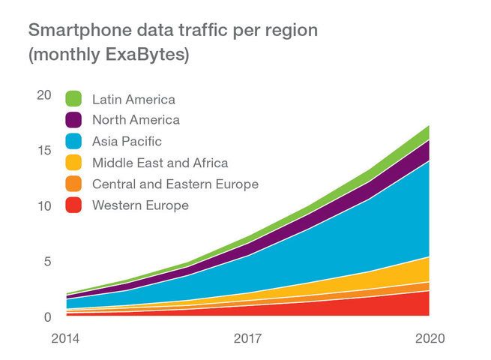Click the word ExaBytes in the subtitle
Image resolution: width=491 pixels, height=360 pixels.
(150, 55)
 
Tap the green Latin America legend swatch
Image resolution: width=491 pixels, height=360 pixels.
(74, 99)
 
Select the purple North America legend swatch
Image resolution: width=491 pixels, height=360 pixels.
(74, 120)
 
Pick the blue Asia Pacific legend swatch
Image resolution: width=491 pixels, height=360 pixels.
(74, 141)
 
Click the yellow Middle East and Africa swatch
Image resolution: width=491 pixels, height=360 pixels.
(74, 163)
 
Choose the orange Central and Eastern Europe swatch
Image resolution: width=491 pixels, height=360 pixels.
(74, 184)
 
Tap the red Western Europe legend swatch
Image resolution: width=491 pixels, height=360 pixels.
(74, 205)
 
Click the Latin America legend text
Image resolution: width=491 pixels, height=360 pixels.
(133, 99)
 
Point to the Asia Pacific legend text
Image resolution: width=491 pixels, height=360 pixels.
(127, 141)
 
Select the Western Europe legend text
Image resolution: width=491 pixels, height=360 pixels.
(139, 205)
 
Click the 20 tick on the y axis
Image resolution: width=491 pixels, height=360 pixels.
(44, 94)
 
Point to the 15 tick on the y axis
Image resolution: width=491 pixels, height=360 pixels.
(44, 150)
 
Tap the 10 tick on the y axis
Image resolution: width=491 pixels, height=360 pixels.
(44, 206)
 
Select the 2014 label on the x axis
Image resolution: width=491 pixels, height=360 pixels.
(65, 339)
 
